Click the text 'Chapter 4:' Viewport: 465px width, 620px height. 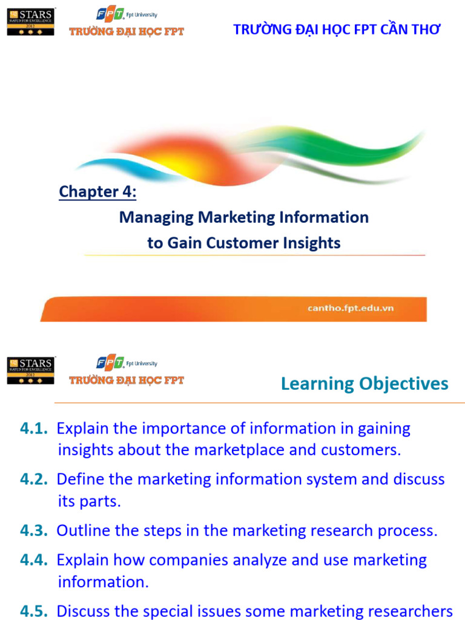pos(97,192)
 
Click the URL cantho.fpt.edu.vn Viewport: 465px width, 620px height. pos(351,308)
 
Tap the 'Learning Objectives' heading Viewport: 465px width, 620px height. pos(364,383)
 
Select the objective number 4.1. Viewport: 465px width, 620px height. pos(34,429)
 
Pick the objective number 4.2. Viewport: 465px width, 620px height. pos(34,479)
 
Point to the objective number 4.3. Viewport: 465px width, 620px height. pos(34,530)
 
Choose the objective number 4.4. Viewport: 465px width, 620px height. pos(34,560)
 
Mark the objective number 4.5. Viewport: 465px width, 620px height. pos(34,610)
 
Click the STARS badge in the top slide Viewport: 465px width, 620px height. pos(30,21)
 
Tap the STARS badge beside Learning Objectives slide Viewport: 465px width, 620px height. pos(30,370)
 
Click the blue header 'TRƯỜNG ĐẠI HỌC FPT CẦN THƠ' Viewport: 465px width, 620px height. pos(337,30)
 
